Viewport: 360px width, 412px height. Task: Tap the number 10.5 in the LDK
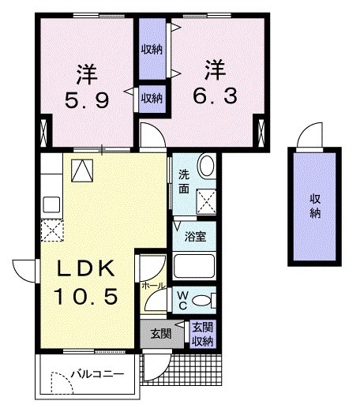click(86, 297)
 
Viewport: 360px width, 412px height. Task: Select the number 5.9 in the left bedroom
click(87, 100)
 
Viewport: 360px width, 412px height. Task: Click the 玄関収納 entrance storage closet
click(202, 335)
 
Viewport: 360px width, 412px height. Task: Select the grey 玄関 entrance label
click(160, 334)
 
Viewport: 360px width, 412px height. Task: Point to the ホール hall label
click(153, 284)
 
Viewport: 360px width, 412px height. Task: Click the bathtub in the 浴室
click(194, 265)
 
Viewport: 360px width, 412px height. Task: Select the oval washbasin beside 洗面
click(206, 167)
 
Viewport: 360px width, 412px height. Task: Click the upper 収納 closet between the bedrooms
click(152, 50)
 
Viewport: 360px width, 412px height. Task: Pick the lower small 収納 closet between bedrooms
click(152, 99)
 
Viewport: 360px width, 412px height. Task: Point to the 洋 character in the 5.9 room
click(87, 73)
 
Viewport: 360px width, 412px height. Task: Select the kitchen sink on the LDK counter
click(51, 204)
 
